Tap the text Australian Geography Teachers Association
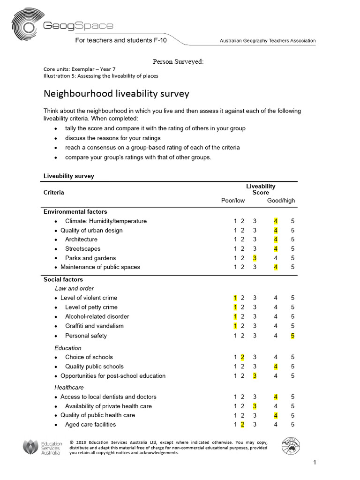point(268,41)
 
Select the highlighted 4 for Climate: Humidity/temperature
point(276,221)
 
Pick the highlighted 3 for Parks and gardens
point(255,258)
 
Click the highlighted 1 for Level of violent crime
point(235,298)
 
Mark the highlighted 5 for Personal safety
point(292,336)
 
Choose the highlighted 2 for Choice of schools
point(242,357)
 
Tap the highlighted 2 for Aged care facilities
point(242,425)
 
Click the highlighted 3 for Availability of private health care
point(255,406)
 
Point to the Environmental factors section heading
point(75,211)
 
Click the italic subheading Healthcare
point(69,388)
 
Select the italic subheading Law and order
point(74,288)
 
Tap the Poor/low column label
point(233,201)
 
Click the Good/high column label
point(281,201)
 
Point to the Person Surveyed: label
point(178,61)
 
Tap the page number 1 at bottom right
point(315,463)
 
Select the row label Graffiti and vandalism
point(94,326)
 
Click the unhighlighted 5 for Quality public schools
point(292,367)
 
